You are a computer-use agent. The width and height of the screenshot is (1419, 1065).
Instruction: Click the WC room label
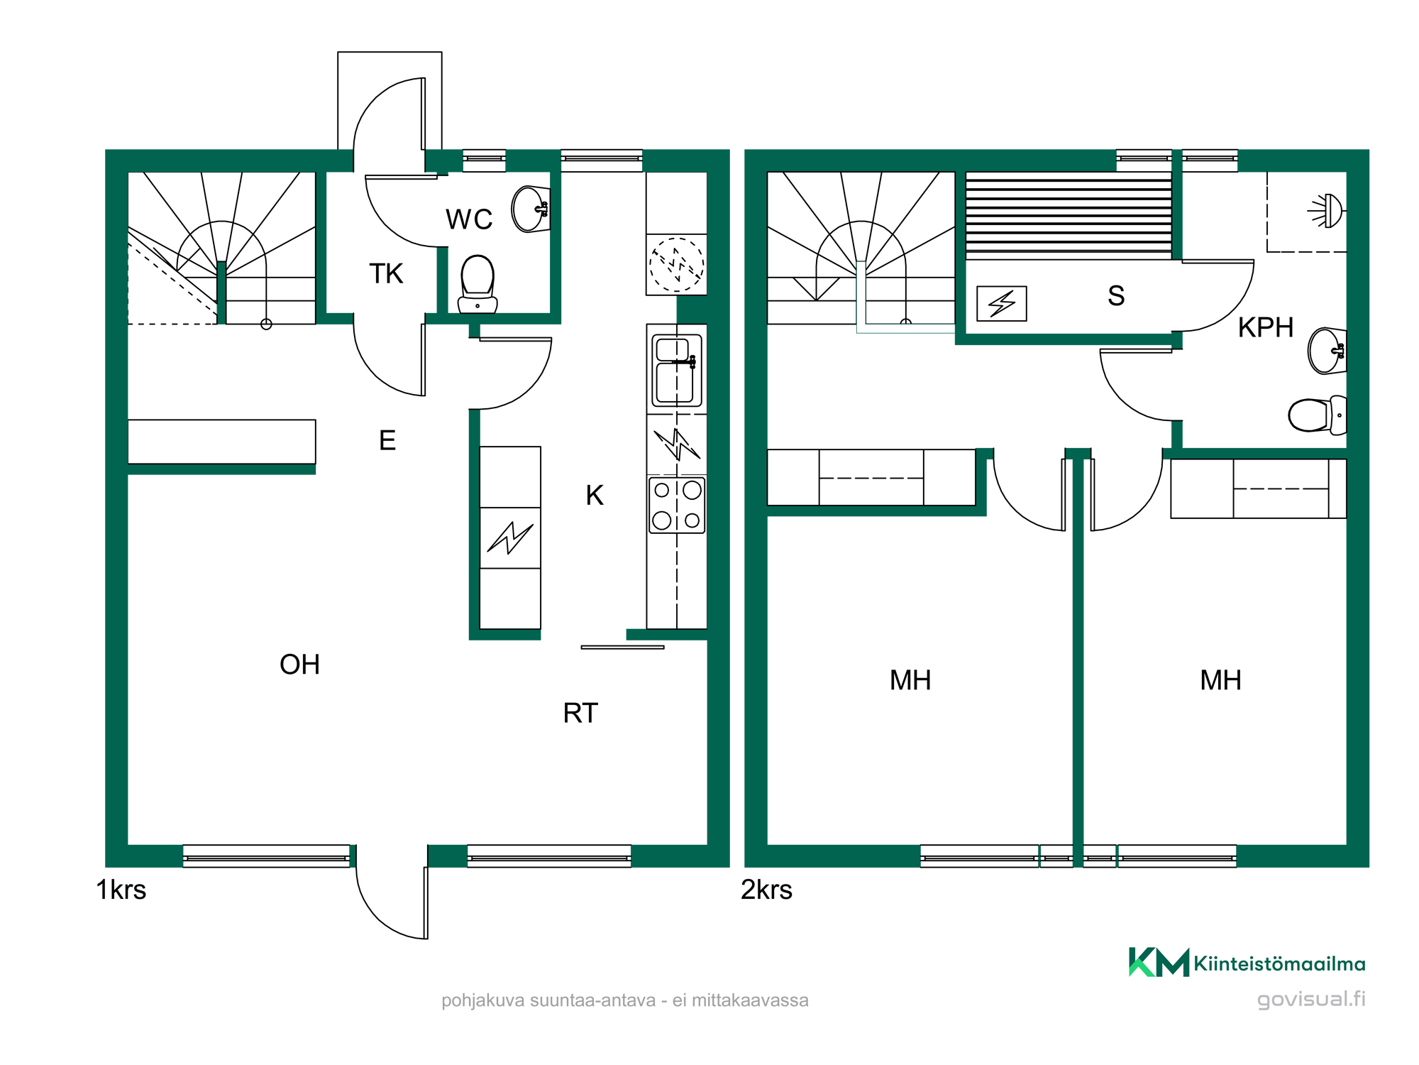pyautogui.click(x=469, y=219)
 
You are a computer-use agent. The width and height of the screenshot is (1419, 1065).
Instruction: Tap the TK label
pyautogui.click(x=386, y=273)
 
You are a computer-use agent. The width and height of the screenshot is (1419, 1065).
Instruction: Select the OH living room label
pyautogui.click(x=299, y=665)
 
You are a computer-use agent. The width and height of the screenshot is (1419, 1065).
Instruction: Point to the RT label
pyautogui.click(x=580, y=713)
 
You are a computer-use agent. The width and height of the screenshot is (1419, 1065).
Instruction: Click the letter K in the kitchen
pyautogui.click(x=595, y=496)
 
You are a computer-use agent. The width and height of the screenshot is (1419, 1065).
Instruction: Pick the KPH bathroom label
pyautogui.click(x=1266, y=327)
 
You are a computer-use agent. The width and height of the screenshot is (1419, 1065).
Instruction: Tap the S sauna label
pyautogui.click(x=1116, y=295)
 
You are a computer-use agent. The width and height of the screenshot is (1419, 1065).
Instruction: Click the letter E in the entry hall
pyautogui.click(x=387, y=441)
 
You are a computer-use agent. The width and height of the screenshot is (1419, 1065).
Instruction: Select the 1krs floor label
pyautogui.click(x=121, y=890)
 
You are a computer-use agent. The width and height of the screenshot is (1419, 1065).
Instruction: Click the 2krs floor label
pyautogui.click(x=766, y=890)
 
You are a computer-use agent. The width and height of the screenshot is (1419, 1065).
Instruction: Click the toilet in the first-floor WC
pyautogui.click(x=477, y=284)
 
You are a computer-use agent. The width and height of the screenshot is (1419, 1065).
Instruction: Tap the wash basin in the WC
pyautogui.click(x=531, y=209)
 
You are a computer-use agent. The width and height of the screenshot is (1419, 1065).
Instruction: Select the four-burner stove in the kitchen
pyautogui.click(x=677, y=505)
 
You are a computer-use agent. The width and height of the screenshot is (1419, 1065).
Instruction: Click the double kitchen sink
pyautogui.click(x=677, y=370)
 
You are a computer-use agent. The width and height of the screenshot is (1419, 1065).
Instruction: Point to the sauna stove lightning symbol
pyautogui.click(x=1002, y=303)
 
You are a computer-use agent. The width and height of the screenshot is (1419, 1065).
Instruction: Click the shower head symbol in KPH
pyautogui.click(x=1327, y=211)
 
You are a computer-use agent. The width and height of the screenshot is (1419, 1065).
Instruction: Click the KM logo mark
pyautogui.click(x=1159, y=963)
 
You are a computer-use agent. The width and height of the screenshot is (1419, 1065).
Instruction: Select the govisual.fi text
pyautogui.click(x=1311, y=999)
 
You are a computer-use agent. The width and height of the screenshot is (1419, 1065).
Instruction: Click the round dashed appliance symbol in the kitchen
pyautogui.click(x=677, y=265)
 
